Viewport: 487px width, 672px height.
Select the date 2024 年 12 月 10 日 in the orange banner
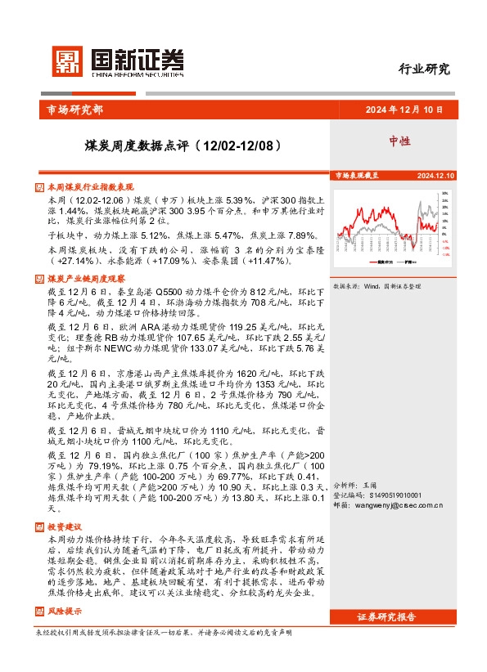pyautogui.click(x=403, y=110)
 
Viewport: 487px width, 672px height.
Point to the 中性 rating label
pyautogui.click(x=399, y=141)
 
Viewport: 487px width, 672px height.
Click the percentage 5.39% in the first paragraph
pyautogui.click(x=238, y=199)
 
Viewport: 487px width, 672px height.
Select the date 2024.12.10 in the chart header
pyautogui.click(x=435, y=176)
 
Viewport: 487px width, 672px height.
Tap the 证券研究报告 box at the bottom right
pyautogui.click(x=399, y=594)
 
